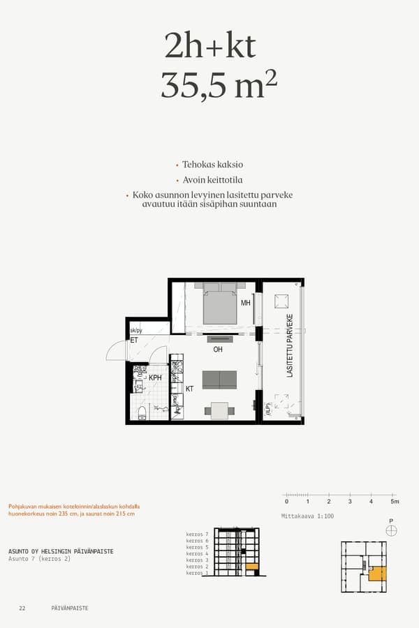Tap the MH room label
tap(245, 304)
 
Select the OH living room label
tap(217, 349)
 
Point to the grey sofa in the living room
tap(219, 380)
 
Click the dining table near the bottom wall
tap(219, 411)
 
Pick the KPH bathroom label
tap(155, 377)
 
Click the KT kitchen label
tap(189, 389)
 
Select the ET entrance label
tap(134, 341)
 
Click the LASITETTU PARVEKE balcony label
tap(290, 346)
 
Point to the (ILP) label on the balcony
tap(267, 407)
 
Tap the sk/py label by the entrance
tap(136, 331)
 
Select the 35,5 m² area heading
tap(219, 84)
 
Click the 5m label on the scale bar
tap(395, 502)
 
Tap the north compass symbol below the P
tap(391, 531)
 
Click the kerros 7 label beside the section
tap(198, 534)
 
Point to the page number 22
tap(22, 608)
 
